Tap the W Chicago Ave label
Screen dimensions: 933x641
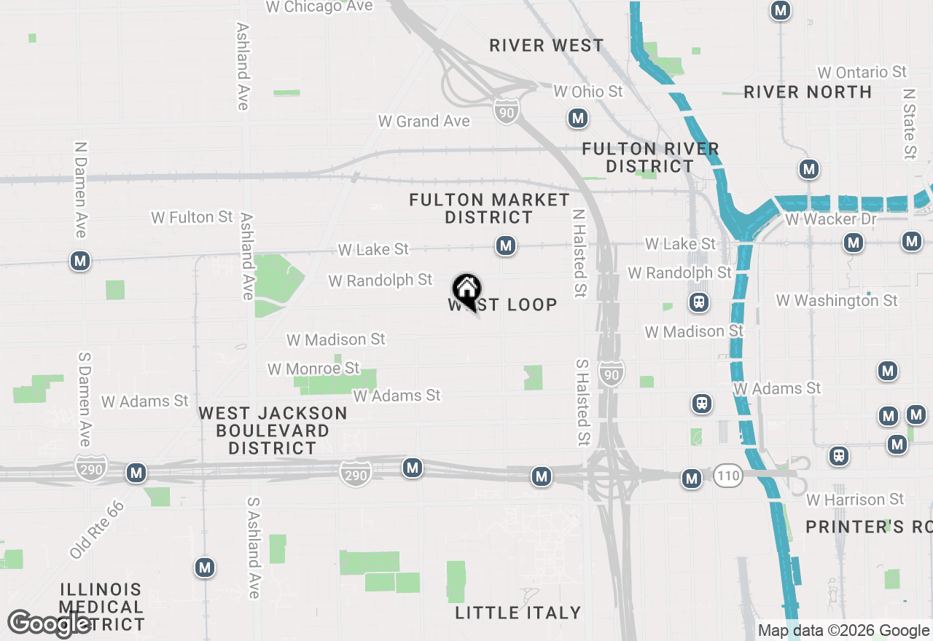click(x=319, y=7)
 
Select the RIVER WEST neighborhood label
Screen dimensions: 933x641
click(x=547, y=45)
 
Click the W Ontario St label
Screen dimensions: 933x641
click(x=862, y=72)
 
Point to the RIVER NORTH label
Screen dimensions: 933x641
click(x=808, y=92)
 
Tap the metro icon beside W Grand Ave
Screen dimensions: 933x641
click(x=578, y=118)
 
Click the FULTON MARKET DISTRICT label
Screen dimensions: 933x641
click(x=489, y=208)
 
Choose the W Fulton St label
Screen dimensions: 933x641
click(x=192, y=217)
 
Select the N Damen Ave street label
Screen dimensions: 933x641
click(x=81, y=189)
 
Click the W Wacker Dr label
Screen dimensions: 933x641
click(x=830, y=219)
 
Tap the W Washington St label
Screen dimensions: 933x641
click(x=837, y=300)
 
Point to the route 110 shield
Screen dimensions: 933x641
click(x=727, y=476)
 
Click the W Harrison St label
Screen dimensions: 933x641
click(x=855, y=500)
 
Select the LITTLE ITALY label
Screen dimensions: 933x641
click(x=518, y=613)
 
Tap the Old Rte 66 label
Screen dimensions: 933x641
click(x=97, y=530)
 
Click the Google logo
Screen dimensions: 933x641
click(x=50, y=624)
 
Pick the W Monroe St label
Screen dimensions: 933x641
click(x=313, y=369)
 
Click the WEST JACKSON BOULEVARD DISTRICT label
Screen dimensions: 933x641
click(x=273, y=430)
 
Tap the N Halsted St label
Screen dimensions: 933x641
click(x=579, y=244)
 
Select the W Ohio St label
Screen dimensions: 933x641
click(x=588, y=92)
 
